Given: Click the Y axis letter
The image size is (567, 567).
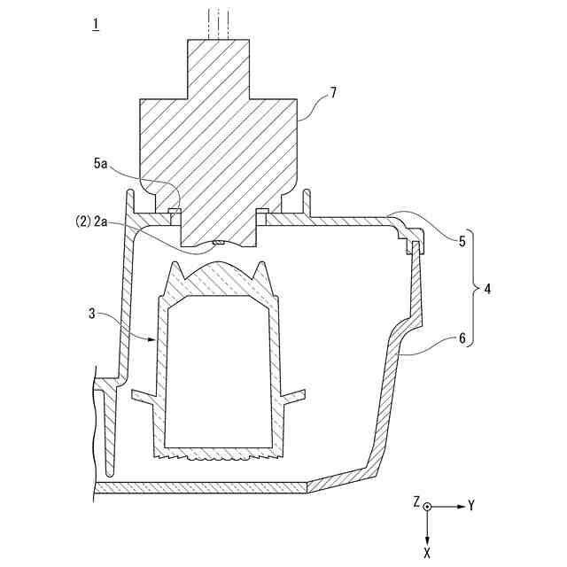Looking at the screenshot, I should click(x=471, y=506).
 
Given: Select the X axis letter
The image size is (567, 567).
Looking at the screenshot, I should click(x=427, y=551).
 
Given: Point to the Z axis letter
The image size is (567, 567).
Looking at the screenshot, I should click(x=416, y=501).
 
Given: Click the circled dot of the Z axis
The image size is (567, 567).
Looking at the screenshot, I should click(x=428, y=506).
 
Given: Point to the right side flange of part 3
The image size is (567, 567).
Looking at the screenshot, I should click(x=291, y=392).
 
